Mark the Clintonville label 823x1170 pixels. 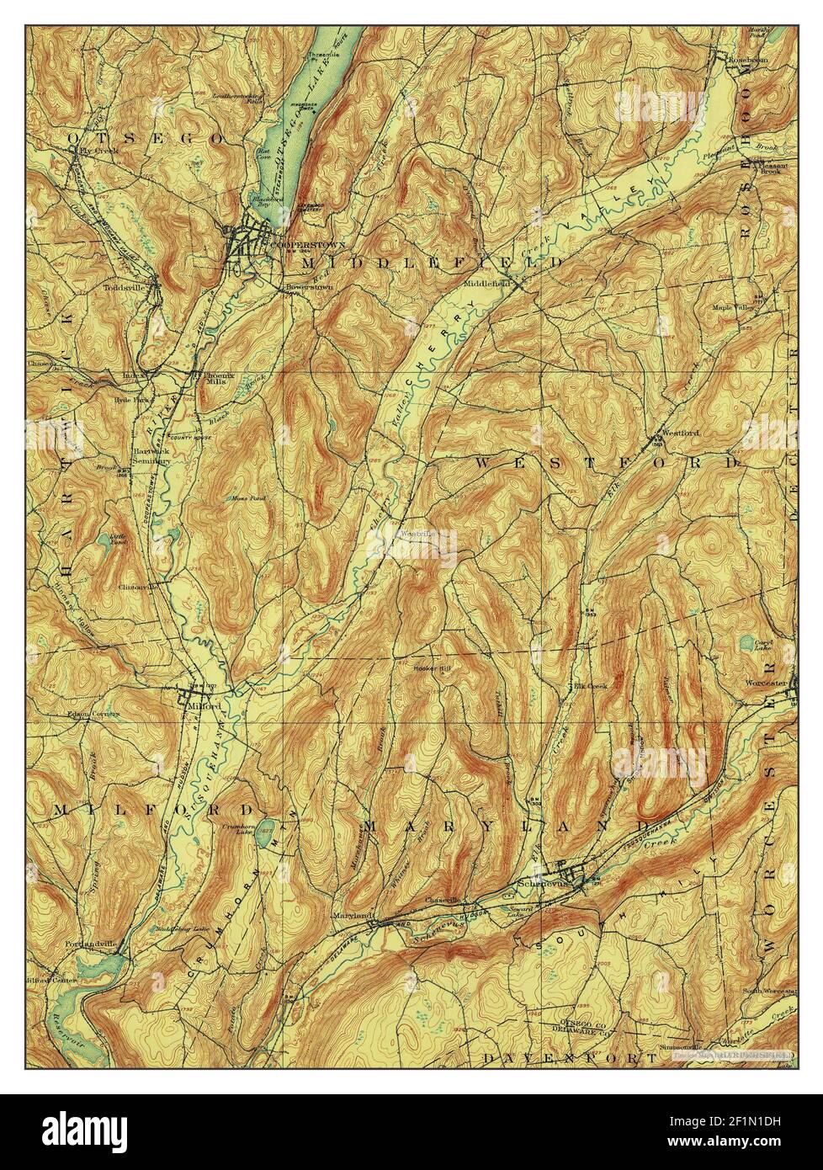[x=138, y=587]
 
